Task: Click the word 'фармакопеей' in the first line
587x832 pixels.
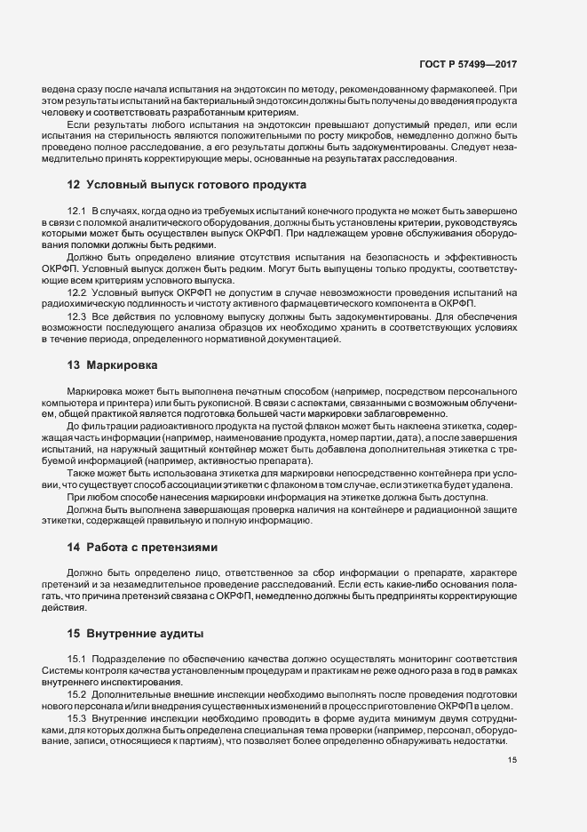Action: (x=465, y=90)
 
